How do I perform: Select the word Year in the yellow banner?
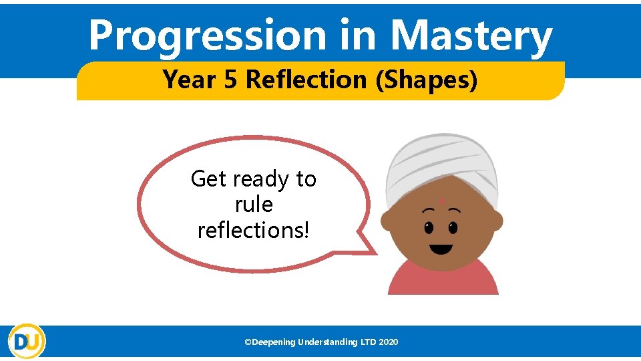click(187, 80)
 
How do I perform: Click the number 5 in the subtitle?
click(230, 80)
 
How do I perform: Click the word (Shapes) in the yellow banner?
click(427, 80)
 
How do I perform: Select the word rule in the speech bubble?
click(254, 204)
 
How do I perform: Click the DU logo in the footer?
click(27, 342)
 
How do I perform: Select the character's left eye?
click(429, 227)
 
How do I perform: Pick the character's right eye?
click(453, 227)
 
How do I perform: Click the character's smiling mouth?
click(441, 250)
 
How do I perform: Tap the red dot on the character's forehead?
click(441, 200)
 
